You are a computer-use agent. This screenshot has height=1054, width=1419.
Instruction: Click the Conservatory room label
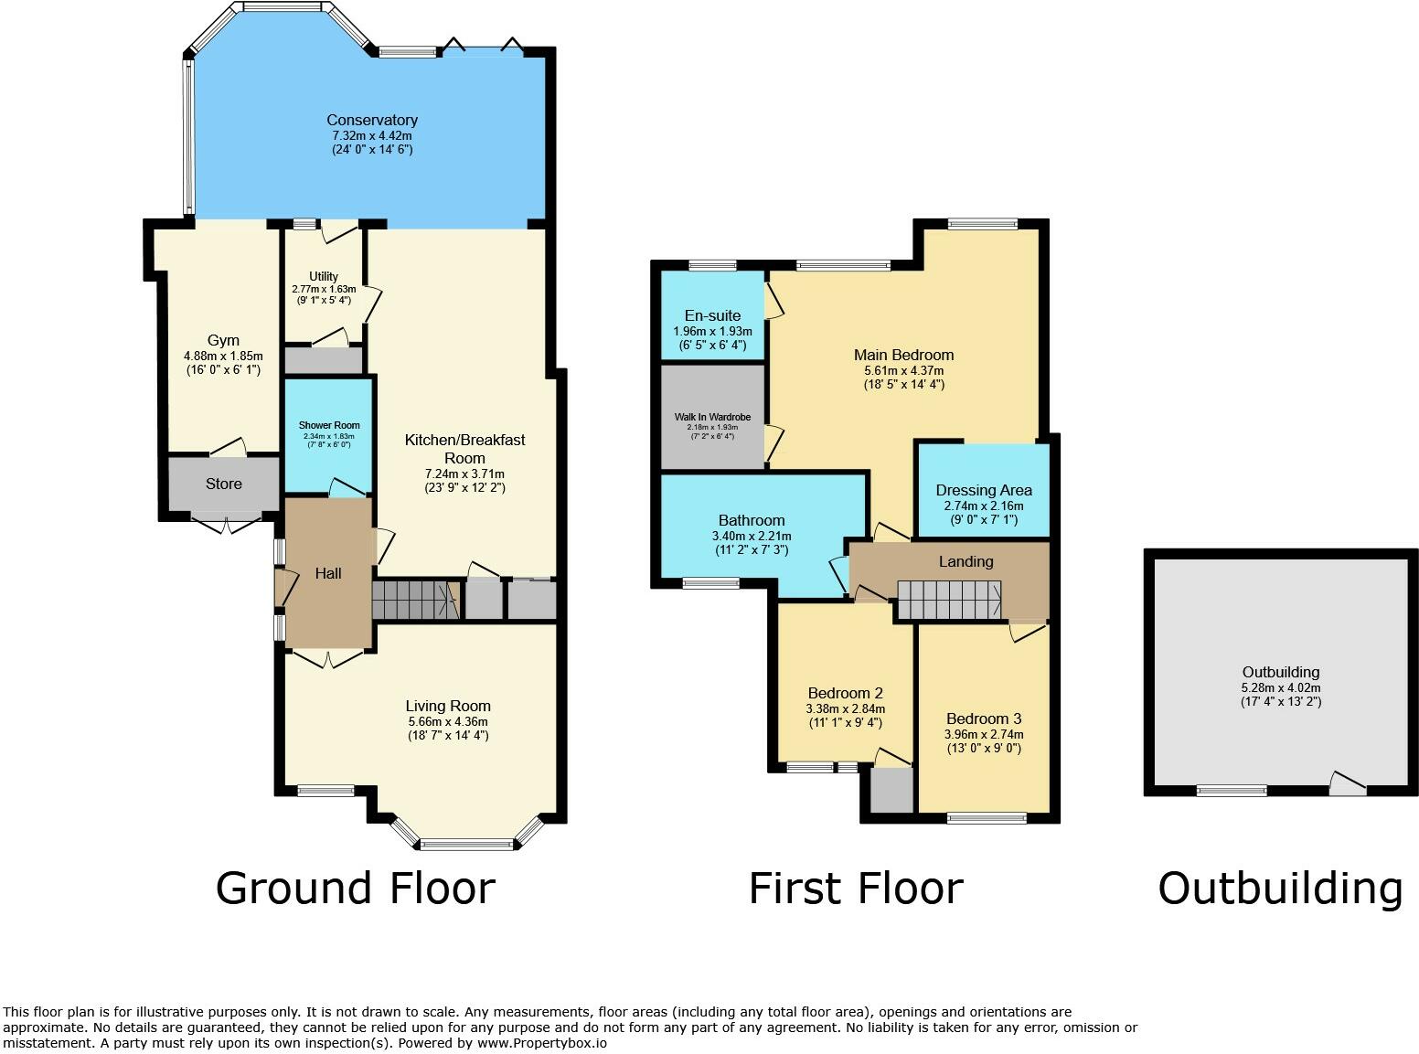pos(372,120)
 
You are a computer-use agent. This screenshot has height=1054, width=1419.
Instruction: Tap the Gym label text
pos(223,340)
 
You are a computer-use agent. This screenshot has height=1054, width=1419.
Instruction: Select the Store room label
pos(223,484)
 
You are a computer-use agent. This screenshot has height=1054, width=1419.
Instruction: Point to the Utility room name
pos(324,276)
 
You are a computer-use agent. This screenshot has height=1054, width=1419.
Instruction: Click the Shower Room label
pos(329,425)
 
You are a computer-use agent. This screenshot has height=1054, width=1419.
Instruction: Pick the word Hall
pos(328,573)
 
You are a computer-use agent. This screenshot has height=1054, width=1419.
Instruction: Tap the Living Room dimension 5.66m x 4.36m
pos(448,721)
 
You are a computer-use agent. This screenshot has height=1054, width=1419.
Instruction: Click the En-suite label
pos(712,315)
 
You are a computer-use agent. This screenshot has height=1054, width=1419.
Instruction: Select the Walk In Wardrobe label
pos(712,417)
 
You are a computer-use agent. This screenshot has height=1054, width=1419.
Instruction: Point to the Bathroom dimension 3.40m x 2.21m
pos(752,536)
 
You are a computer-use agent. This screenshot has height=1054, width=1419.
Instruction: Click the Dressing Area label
pos(984,490)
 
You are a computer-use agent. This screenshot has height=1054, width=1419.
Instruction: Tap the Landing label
pos(966,562)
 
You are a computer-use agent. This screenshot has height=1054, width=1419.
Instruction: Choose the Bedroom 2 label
pos(846,693)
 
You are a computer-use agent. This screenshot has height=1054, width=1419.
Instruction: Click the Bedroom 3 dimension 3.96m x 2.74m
pos(984,734)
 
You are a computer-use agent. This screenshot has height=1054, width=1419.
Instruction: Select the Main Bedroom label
pos(904,355)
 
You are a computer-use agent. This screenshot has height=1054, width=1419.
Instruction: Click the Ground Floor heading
pos(356,889)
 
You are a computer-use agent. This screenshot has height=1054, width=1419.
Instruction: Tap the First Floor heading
pos(856,889)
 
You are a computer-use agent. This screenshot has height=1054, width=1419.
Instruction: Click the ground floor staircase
pos(416,600)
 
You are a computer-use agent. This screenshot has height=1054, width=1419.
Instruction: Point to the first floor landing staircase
pos(949,600)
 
